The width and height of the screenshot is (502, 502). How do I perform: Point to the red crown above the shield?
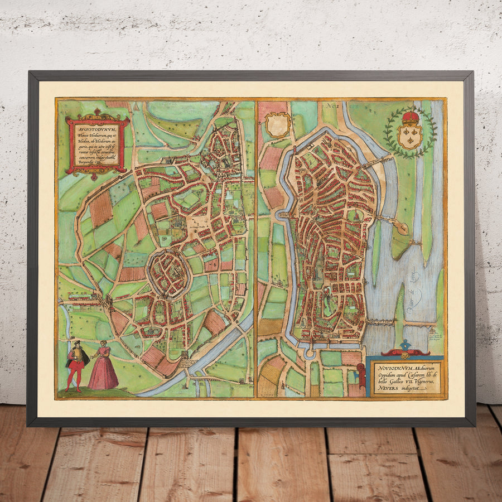(411, 118)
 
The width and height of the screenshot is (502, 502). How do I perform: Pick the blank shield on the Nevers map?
(278, 124)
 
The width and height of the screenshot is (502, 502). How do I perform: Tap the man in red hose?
(76, 365)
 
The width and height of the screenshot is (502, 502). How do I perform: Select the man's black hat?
(76, 342)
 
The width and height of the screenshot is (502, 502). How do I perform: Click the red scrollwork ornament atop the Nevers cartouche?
(406, 353)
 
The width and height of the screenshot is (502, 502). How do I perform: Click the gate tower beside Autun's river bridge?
(185, 357)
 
